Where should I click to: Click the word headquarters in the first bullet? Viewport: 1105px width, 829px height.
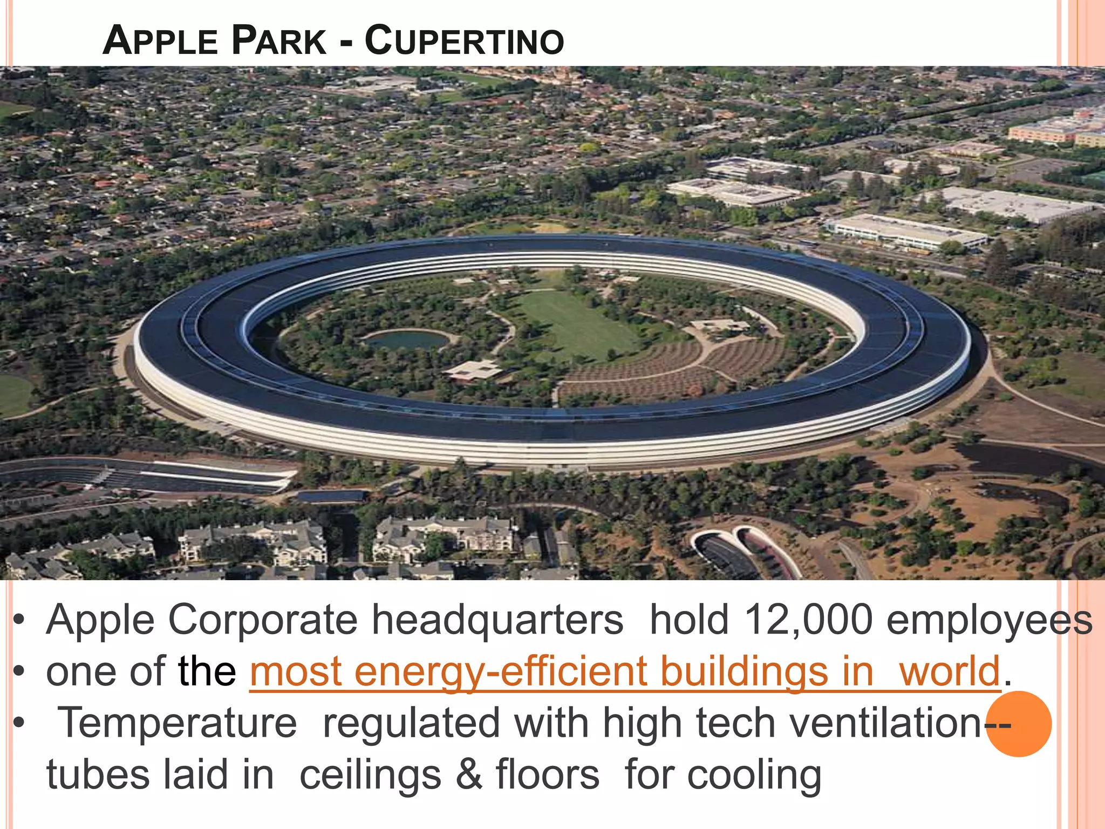(497, 620)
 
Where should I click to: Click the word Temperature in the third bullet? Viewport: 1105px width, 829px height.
(178, 723)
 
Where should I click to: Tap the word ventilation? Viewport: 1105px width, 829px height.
(885, 723)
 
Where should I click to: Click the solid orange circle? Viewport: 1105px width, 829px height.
(1019, 724)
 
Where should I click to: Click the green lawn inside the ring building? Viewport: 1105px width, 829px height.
(572, 324)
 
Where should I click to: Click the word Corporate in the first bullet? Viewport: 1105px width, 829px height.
(263, 620)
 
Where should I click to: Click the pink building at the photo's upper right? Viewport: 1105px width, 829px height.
(1044, 132)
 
